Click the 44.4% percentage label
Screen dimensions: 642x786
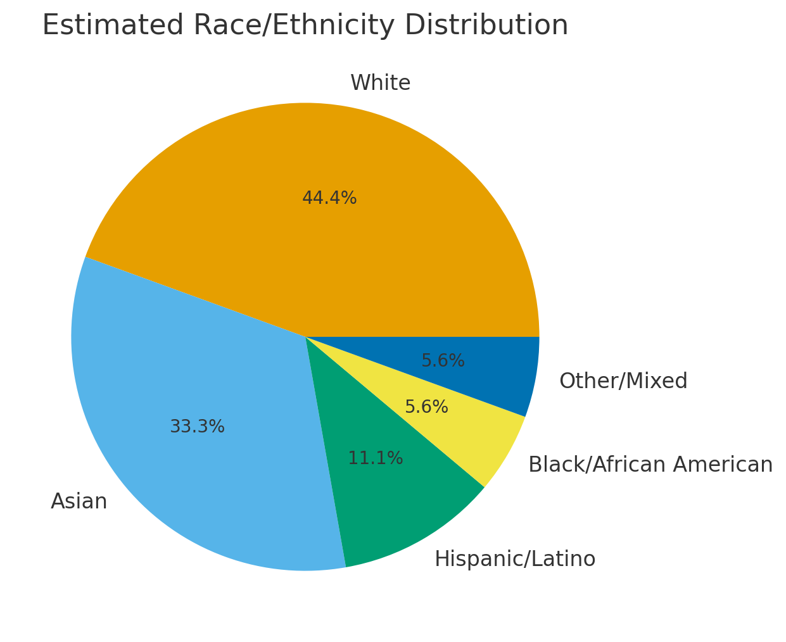[329, 198]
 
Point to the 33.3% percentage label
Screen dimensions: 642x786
[197, 427]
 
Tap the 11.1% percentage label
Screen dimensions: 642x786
[376, 458]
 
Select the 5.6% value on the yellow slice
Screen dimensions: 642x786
[426, 407]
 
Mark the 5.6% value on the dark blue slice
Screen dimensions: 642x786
[443, 361]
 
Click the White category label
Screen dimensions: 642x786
[380, 83]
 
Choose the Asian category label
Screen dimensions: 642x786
[79, 501]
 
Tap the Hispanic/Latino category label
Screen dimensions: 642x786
[515, 559]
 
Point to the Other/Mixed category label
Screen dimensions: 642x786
[623, 381]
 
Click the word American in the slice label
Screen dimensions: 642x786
[723, 465]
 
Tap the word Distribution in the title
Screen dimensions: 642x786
[486, 26]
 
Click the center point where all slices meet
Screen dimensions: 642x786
[305, 337]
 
